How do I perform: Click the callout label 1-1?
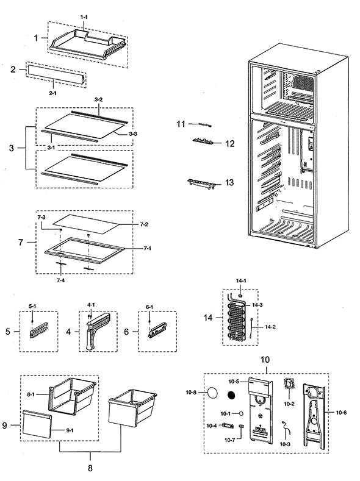[x=84, y=17]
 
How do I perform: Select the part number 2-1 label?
[x=53, y=93]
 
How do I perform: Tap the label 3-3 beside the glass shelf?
[x=133, y=134]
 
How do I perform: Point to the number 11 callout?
[x=181, y=124]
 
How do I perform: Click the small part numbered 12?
[x=203, y=141]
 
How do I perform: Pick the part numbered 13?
[x=200, y=183]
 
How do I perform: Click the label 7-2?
[x=144, y=224]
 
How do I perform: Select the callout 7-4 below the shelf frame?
[x=60, y=280]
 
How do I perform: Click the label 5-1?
[x=32, y=306]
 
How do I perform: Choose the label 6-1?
[x=149, y=307]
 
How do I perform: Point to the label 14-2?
[x=270, y=327]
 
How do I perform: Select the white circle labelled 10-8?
[x=212, y=393]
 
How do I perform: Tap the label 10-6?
[x=341, y=413]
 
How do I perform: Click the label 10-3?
[x=285, y=444]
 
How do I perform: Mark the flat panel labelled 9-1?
[x=37, y=424]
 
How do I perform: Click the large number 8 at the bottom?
[x=90, y=468]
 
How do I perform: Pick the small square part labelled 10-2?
[x=289, y=384]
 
